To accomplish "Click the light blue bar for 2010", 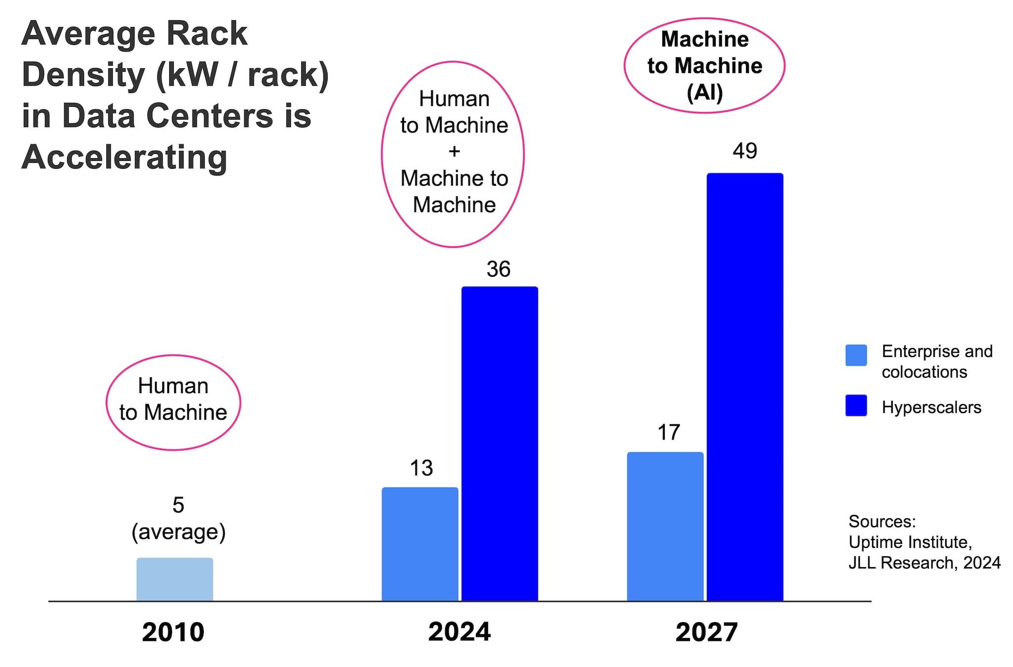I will [x=175, y=579].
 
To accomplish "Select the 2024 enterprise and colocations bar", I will [x=420, y=544].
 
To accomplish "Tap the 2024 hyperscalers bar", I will [x=500, y=444].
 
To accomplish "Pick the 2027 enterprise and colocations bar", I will [x=665, y=526].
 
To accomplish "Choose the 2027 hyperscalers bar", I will [x=745, y=387].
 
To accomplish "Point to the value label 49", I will [x=745, y=151].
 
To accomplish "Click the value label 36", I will [x=498, y=269].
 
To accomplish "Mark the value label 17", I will [x=669, y=433].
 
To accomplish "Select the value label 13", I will [x=421, y=468].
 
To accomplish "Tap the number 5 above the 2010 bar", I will [x=178, y=505].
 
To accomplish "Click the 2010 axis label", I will [x=173, y=632].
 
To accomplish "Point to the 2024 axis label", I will [x=460, y=632].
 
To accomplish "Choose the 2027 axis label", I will [x=706, y=632].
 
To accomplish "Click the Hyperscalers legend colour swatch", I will [x=856, y=405].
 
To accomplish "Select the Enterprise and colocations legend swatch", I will [x=856, y=355].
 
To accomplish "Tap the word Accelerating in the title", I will [x=125, y=158].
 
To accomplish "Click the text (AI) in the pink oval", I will [x=705, y=92].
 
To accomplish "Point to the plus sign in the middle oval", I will [x=454, y=151].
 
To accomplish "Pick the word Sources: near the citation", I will [x=882, y=521].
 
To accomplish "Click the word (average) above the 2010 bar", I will [x=179, y=532].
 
